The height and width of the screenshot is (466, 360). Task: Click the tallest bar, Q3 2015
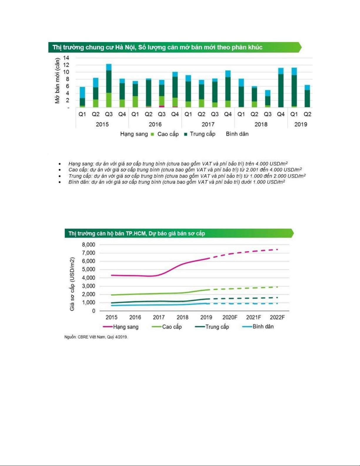(x=109, y=86)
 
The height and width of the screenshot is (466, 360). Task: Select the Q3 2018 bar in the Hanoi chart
(x=267, y=99)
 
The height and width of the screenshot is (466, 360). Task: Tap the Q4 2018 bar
(x=281, y=88)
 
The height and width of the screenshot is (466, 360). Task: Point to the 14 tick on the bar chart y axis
(x=66, y=58)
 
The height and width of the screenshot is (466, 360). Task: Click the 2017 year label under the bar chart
(x=208, y=124)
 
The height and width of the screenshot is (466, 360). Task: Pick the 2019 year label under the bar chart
(x=301, y=124)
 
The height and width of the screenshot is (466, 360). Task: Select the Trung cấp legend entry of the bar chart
(x=200, y=134)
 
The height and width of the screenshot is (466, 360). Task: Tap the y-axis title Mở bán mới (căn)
(x=57, y=81)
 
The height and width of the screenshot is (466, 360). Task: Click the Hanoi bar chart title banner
(x=175, y=47)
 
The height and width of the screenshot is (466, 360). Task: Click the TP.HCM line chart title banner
(x=179, y=233)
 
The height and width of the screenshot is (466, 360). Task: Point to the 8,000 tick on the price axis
(x=88, y=245)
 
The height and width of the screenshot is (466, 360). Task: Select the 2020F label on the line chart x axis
(x=230, y=318)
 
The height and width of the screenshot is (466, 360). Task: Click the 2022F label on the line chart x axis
(x=277, y=318)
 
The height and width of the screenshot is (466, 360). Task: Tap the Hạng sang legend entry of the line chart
(x=121, y=327)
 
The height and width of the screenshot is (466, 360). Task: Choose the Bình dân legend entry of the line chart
(x=258, y=327)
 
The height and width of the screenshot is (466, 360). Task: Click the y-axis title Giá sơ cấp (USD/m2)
(x=72, y=284)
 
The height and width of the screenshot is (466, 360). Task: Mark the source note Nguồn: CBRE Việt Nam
(x=96, y=337)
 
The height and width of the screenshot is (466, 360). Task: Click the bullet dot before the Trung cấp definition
(x=60, y=176)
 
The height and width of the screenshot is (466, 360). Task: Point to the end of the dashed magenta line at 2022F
(x=278, y=249)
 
